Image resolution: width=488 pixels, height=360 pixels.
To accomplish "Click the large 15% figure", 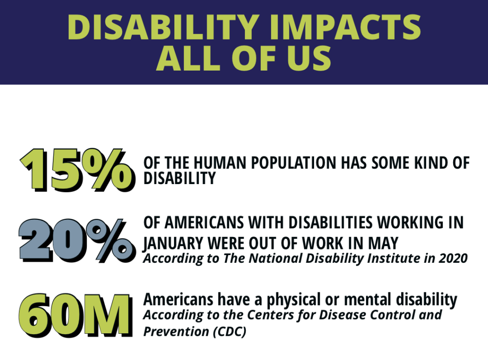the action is click(78, 170).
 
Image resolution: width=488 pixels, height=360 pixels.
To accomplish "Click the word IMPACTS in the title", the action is click(345, 27).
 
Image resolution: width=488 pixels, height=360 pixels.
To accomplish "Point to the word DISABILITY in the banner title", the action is click(164, 27).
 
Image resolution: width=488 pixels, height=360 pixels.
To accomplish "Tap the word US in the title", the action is click(309, 58).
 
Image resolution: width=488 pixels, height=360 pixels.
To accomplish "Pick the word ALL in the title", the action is click(188, 58).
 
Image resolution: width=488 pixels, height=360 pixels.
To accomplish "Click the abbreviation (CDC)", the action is click(230, 331).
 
